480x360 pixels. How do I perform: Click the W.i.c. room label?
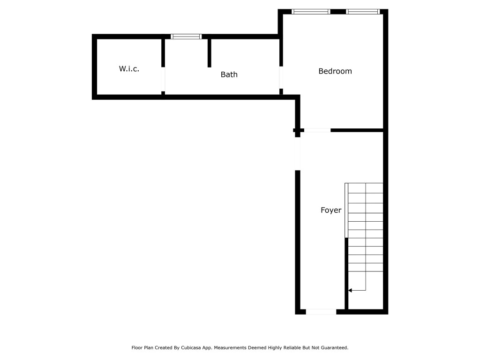coord(129,69)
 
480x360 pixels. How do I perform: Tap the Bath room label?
coord(229,74)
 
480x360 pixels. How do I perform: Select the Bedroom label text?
coord(335,71)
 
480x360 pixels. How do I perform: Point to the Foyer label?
coord(331,210)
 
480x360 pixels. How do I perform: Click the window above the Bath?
coord(186,37)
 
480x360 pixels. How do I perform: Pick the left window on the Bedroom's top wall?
coord(311,12)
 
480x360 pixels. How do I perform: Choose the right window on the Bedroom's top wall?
coord(362,12)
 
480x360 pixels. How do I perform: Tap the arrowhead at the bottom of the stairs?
coord(350,291)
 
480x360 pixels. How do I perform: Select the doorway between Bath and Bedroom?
coord(281,77)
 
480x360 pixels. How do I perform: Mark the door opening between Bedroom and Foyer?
coord(317,130)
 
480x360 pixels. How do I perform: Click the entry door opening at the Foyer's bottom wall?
coord(321,311)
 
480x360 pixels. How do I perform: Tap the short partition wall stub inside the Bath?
coord(210,53)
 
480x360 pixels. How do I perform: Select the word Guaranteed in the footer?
coord(333,348)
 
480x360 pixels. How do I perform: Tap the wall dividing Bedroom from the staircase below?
coord(357,130)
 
